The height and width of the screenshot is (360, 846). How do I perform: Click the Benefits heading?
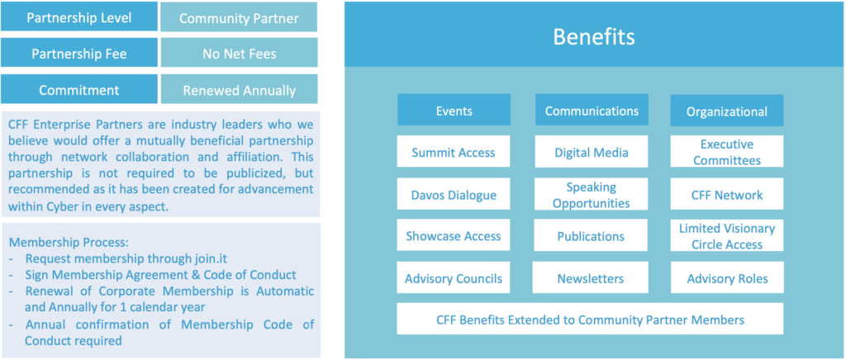coord(593,37)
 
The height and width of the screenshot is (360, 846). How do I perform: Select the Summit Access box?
coord(454,152)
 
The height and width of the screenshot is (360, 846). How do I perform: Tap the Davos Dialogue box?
coord(454,195)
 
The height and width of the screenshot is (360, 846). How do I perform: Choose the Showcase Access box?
coord(454,235)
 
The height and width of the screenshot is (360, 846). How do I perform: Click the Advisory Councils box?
coord(454,278)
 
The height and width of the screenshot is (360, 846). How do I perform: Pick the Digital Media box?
coord(592,152)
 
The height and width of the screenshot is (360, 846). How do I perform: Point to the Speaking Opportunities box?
coord(592,195)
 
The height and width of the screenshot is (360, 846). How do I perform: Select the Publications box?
coord(592,235)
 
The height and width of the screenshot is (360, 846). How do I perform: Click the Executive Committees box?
coord(727,152)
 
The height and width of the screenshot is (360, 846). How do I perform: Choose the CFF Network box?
coord(727,195)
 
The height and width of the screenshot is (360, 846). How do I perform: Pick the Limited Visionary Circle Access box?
coord(727,235)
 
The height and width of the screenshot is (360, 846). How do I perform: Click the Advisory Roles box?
coord(727,278)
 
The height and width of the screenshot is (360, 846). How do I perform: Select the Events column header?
coord(454,110)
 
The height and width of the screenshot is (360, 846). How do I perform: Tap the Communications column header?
coord(592,110)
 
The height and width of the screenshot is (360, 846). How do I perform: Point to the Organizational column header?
coord(727,111)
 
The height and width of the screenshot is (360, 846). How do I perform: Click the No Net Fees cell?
coord(239,53)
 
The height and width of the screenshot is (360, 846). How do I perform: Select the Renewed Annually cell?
coord(239,89)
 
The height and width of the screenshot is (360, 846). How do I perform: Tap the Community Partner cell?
coord(239,17)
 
